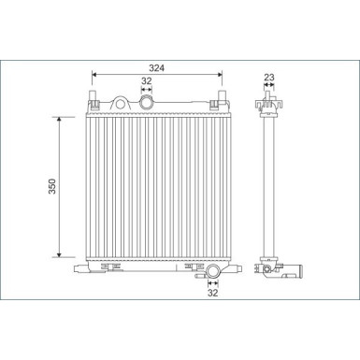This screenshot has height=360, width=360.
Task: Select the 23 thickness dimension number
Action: pyautogui.click(x=268, y=79)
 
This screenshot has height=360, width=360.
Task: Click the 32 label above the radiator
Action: pyautogui.click(x=146, y=80)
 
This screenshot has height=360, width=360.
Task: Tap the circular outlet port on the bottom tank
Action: pyautogui.click(x=212, y=272)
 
